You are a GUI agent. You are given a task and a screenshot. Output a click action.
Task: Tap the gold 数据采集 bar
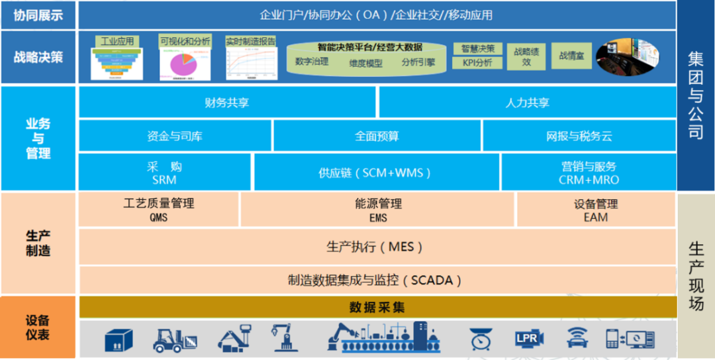(377, 307)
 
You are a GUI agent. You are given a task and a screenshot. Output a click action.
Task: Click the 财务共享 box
(227, 103)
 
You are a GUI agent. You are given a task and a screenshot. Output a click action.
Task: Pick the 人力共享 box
(527, 103)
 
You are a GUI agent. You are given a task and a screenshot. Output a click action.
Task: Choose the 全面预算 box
(377, 136)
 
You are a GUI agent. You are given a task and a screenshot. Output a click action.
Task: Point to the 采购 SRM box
(164, 173)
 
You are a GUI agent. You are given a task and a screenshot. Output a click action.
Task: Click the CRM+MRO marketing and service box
(588, 173)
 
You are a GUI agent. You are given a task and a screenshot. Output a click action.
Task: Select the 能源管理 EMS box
(378, 210)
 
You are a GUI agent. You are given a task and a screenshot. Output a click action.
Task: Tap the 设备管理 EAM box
(595, 210)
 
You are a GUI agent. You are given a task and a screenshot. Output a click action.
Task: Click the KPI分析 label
(477, 64)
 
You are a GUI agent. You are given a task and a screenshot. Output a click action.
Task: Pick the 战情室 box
(571, 56)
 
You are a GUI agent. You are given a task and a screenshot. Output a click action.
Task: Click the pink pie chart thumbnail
(181, 65)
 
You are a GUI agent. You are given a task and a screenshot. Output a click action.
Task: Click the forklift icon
(175, 339)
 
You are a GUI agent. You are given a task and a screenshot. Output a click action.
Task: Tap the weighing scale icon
(481, 339)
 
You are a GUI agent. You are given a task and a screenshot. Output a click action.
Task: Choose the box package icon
(119, 339)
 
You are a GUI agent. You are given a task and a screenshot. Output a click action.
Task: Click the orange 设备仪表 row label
(38, 328)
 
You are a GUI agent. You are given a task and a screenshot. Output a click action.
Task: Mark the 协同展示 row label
(38, 15)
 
